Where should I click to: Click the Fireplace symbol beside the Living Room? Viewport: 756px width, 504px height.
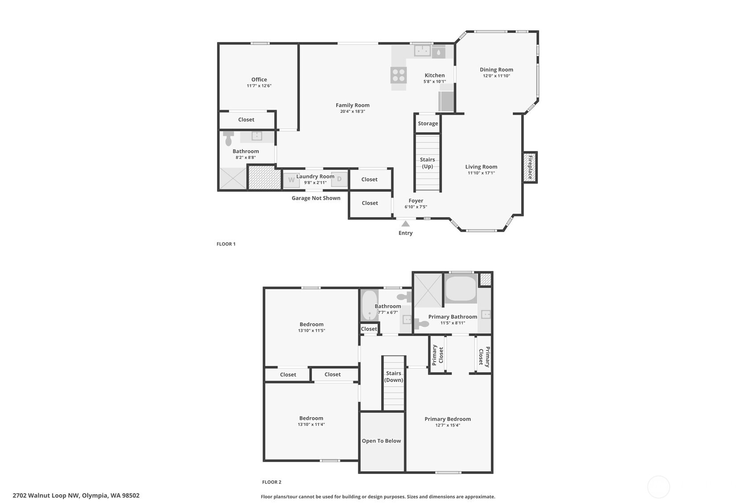pyautogui.click(x=530, y=167)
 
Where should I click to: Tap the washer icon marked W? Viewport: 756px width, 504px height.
pyautogui.click(x=291, y=180)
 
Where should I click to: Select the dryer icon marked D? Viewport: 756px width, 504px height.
pyautogui.click(x=339, y=179)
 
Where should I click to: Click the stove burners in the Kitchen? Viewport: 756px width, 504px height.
pyautogui.click(x=398, y=75)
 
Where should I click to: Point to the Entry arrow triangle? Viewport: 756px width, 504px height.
pyautogui.click(x=405, y=224)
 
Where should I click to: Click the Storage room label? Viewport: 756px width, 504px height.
pyautogui.click(x=428, y=123)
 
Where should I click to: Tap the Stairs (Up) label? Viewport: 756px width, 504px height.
pyautogui.click(x=427, y=163)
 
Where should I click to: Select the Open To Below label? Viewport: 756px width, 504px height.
pyautogui.click(x=381, y=441)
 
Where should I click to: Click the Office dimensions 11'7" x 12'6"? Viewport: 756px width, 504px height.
pyautogui.click(x=259, y=86)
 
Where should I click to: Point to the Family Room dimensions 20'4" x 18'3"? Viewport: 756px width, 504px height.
pyautogui.click(x=352, y=111)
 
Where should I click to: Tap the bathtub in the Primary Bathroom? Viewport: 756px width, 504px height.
pyautogui.click(x=461, y=289)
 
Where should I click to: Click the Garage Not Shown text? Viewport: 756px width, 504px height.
pyautogui.click(x=316, y=198)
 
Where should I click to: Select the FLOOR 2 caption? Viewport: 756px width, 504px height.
pyautogui.click(x=272, y=482)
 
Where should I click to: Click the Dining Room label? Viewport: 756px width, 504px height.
pyautogui.click(x=496, y=70)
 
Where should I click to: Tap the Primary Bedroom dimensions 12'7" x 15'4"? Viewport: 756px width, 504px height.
pyautogui.click(x=448, y=425)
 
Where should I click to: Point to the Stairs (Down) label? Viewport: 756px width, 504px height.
pyautogui.click(x=393, y=377)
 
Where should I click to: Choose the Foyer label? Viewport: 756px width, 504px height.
pyautogui.click(x=416, y=201)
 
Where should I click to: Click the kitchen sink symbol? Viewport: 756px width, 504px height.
pyautogui.click(x=422, y=50)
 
